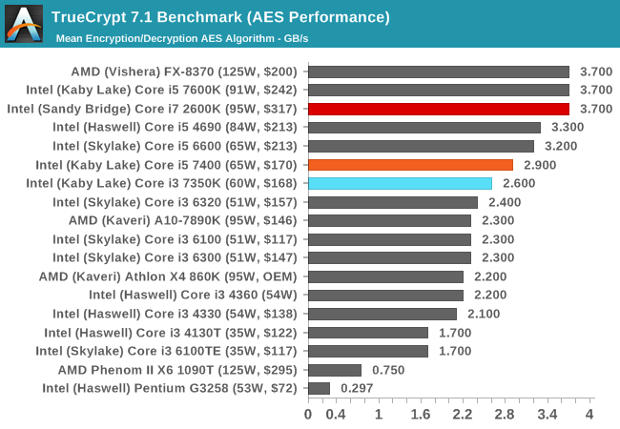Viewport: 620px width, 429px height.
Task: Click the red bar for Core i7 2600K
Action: [x=439, y=109]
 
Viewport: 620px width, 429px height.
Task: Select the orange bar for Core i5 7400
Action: [x=411, y=165]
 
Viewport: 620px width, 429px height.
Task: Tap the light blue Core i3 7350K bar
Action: [x=401, y=183]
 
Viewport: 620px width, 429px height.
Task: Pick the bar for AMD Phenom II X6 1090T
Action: [x=335, y=369]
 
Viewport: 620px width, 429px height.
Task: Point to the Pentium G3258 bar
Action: [x=319, y=388]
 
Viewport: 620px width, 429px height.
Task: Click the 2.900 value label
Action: [x=540, y=165]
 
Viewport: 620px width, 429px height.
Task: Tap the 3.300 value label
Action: [x=568, y=128]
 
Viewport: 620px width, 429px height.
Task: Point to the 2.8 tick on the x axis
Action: [x=505, y=415]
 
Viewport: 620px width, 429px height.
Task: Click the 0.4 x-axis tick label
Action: [x=337, y=415]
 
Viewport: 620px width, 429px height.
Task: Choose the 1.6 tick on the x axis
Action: [x=421, y=415]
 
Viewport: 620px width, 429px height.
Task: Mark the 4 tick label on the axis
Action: [x=589, y=415]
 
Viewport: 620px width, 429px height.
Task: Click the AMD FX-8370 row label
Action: [x=184, y=71]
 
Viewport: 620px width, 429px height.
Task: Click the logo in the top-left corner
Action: [x=23, y=23]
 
